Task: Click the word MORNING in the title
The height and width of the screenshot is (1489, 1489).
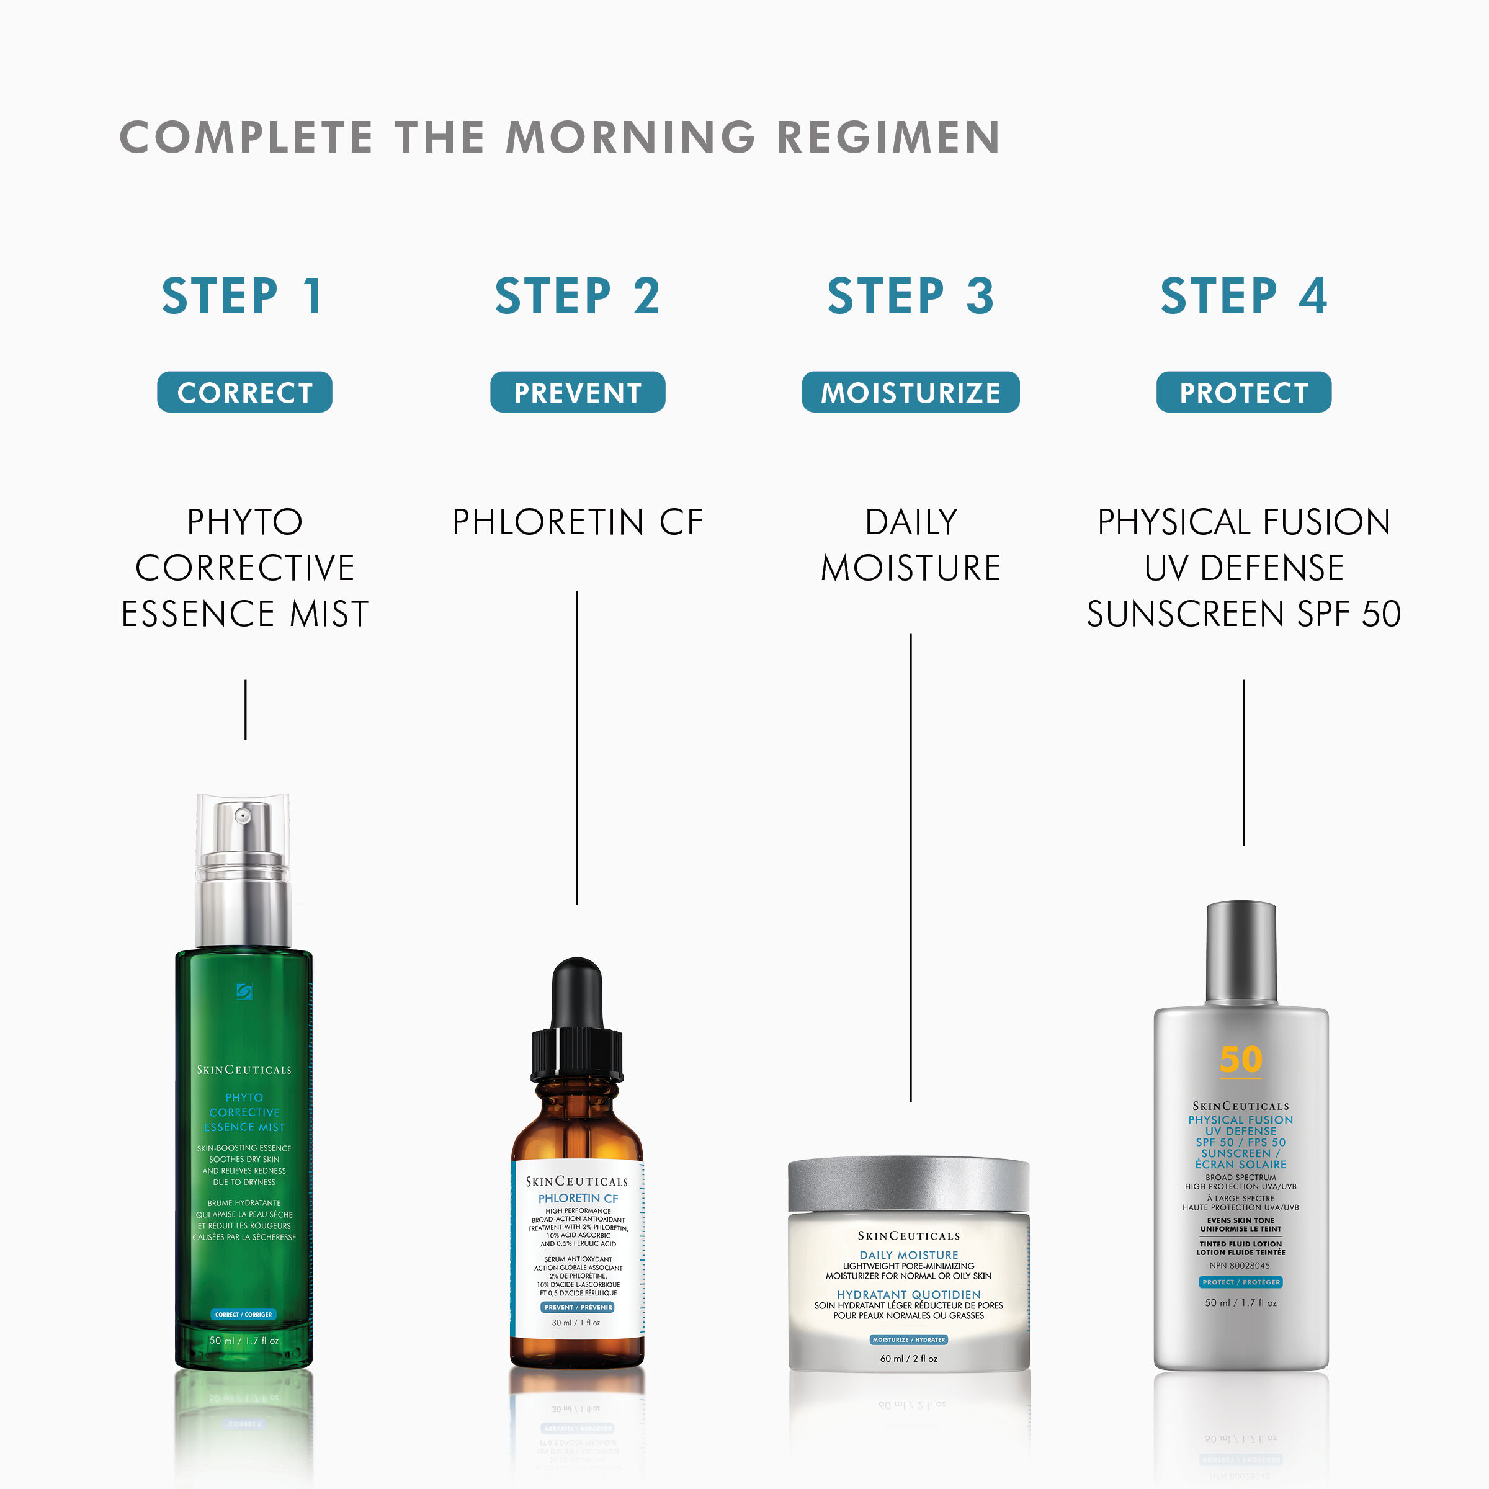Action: click(630, 137)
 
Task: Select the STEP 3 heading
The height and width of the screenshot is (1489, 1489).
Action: click(910, 297)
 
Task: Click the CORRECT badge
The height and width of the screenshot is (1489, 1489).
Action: click(244, 392)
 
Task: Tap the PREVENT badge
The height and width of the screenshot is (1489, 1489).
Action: click(577, 392)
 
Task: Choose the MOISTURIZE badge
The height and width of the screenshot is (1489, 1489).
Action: click(910, 392)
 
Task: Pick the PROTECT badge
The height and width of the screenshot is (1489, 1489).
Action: click(1243, 392)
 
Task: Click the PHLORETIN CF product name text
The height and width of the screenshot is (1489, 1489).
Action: click(577, 522)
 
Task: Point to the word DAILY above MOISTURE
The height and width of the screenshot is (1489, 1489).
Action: click(911, 522)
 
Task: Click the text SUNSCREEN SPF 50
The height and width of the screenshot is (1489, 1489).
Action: click(1243, 614)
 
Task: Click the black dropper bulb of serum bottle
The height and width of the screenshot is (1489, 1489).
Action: click(576, 990)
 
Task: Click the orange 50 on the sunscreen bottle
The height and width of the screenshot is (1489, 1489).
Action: click(1241, 1060)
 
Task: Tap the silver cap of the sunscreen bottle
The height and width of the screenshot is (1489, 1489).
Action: click(1241, 952)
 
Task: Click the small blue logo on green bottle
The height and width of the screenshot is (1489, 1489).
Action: click(244, 991)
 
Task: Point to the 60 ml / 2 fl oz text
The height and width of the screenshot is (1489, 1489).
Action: click(909, 1359)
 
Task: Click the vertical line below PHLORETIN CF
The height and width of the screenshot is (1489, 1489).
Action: click(576, 748)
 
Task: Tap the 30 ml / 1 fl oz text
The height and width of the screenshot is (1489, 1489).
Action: click(576, 1323)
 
